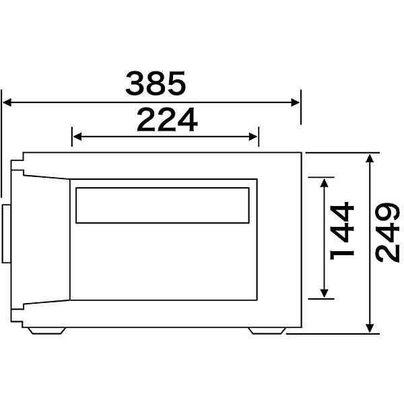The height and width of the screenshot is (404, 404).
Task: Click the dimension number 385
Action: coord(156,83)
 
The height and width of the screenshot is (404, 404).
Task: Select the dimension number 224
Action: coord(167,120)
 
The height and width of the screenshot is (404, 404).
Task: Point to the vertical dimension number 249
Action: coord(387,232)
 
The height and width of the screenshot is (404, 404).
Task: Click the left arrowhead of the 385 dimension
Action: coord(7,102)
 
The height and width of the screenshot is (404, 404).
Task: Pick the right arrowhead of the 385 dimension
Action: coord(296,102)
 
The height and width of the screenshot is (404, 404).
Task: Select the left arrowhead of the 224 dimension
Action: coord(77,137)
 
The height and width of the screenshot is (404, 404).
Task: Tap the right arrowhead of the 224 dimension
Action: coord(253,137)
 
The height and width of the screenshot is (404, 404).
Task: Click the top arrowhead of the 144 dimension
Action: coord(324,182)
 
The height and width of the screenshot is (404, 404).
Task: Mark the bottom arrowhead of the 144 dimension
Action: coord(324,293)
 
